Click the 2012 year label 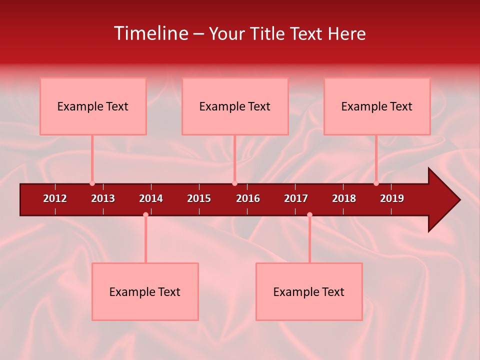pyautogui.click(x=55, y=198)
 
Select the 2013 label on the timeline pyautogui.click(x=103, y=198)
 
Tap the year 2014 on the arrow pyautogui.click(x=151, y=198)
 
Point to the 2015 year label pyautogui.click(x=199, y=198)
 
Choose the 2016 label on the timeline pyautogui.click(x=248, y=198)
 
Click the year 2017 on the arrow pyautogui.click(x=296, y=198)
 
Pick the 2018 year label pyautogui.click(x=344, y=198)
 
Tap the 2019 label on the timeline pyautogui.click(x=392, y=198)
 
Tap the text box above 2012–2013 pyautogui.click(x=93, y=106)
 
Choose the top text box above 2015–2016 pyautogui.click(x=235, y=106)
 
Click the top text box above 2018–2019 pyautogui.click(x=377, y=106)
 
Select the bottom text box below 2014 pyautogui.click(x=145, y=291)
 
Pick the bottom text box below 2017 pyautogui.click(x=309, y=291)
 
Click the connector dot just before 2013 pyautogui.click(x=92, y=183)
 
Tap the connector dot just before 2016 pyautogui.click(x=234, y=183)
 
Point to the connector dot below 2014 pyautogui.click(x=145, y=214)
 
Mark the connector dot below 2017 pyautogui.click(x=309, y=214)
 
